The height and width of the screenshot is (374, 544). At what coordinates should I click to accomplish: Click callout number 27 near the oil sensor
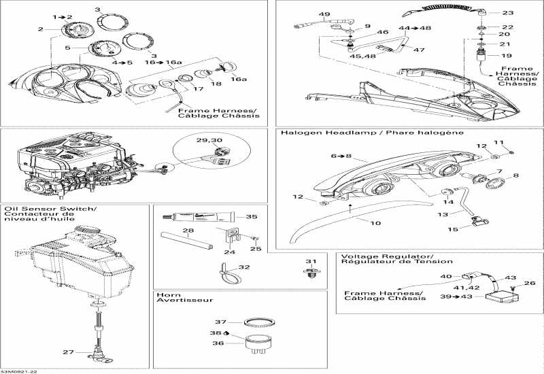[x=67, y=352]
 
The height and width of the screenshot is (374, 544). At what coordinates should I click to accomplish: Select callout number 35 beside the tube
[x=252, y=217]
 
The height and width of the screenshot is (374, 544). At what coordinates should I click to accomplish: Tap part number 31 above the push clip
[x=311, y=262]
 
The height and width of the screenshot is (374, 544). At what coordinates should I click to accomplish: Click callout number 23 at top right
[x=508, y=13]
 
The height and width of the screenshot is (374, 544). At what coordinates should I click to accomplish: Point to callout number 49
[x=324, y=14]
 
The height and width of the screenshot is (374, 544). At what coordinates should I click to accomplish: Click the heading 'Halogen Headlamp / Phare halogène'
[x=339, y=133]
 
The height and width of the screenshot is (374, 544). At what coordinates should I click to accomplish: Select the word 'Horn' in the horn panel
[x=163, y=294]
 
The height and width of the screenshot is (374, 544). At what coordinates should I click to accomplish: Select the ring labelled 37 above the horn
[x=258, y=322]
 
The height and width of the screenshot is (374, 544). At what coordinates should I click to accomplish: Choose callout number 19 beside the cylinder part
[x=507, y=56]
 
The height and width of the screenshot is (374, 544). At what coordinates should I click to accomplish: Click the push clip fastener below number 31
[x=311, y=274]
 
